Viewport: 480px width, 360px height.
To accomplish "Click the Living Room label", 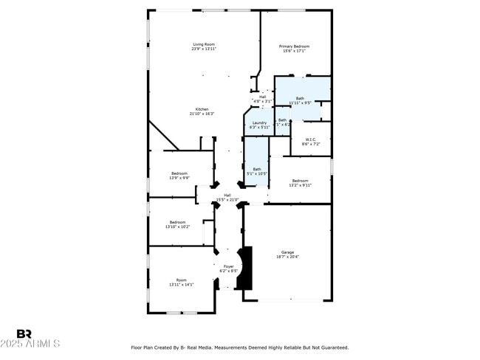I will click(x=204, y=46).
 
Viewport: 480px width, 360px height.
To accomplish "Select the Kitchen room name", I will click(x=202, y=111).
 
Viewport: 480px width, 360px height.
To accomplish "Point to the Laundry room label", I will click(x=259, y=125).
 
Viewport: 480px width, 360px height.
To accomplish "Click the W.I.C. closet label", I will click(x=311, y=141).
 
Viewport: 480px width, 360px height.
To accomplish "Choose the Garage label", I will click(x=287, y=255).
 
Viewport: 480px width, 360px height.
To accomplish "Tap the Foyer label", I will click(x=228, y=269).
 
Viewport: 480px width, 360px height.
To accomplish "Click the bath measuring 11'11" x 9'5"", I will click(x=300, y=100).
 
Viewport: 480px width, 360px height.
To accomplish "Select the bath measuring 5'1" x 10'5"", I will click(x=257, y=171).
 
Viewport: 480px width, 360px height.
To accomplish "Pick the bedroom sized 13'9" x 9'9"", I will click(x=179, y=176).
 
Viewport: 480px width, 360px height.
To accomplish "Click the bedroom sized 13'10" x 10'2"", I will click(x=178, y=224).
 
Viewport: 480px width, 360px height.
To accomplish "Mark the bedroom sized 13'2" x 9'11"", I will click(x=300, y=182).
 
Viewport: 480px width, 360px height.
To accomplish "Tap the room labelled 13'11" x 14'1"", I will click(x=181, y=282).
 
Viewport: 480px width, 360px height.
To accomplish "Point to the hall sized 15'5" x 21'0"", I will click(x=227, y=198).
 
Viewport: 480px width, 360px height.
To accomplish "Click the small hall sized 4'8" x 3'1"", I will click(x=262, y=98).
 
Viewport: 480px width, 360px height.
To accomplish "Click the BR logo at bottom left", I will click(x=24, y=333).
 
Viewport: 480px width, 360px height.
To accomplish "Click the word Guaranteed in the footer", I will click(x=332, y=347).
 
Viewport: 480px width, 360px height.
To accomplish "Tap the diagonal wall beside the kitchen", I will click(x=164, y=136).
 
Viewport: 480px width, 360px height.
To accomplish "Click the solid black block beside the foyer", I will click(x=248, y=268).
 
